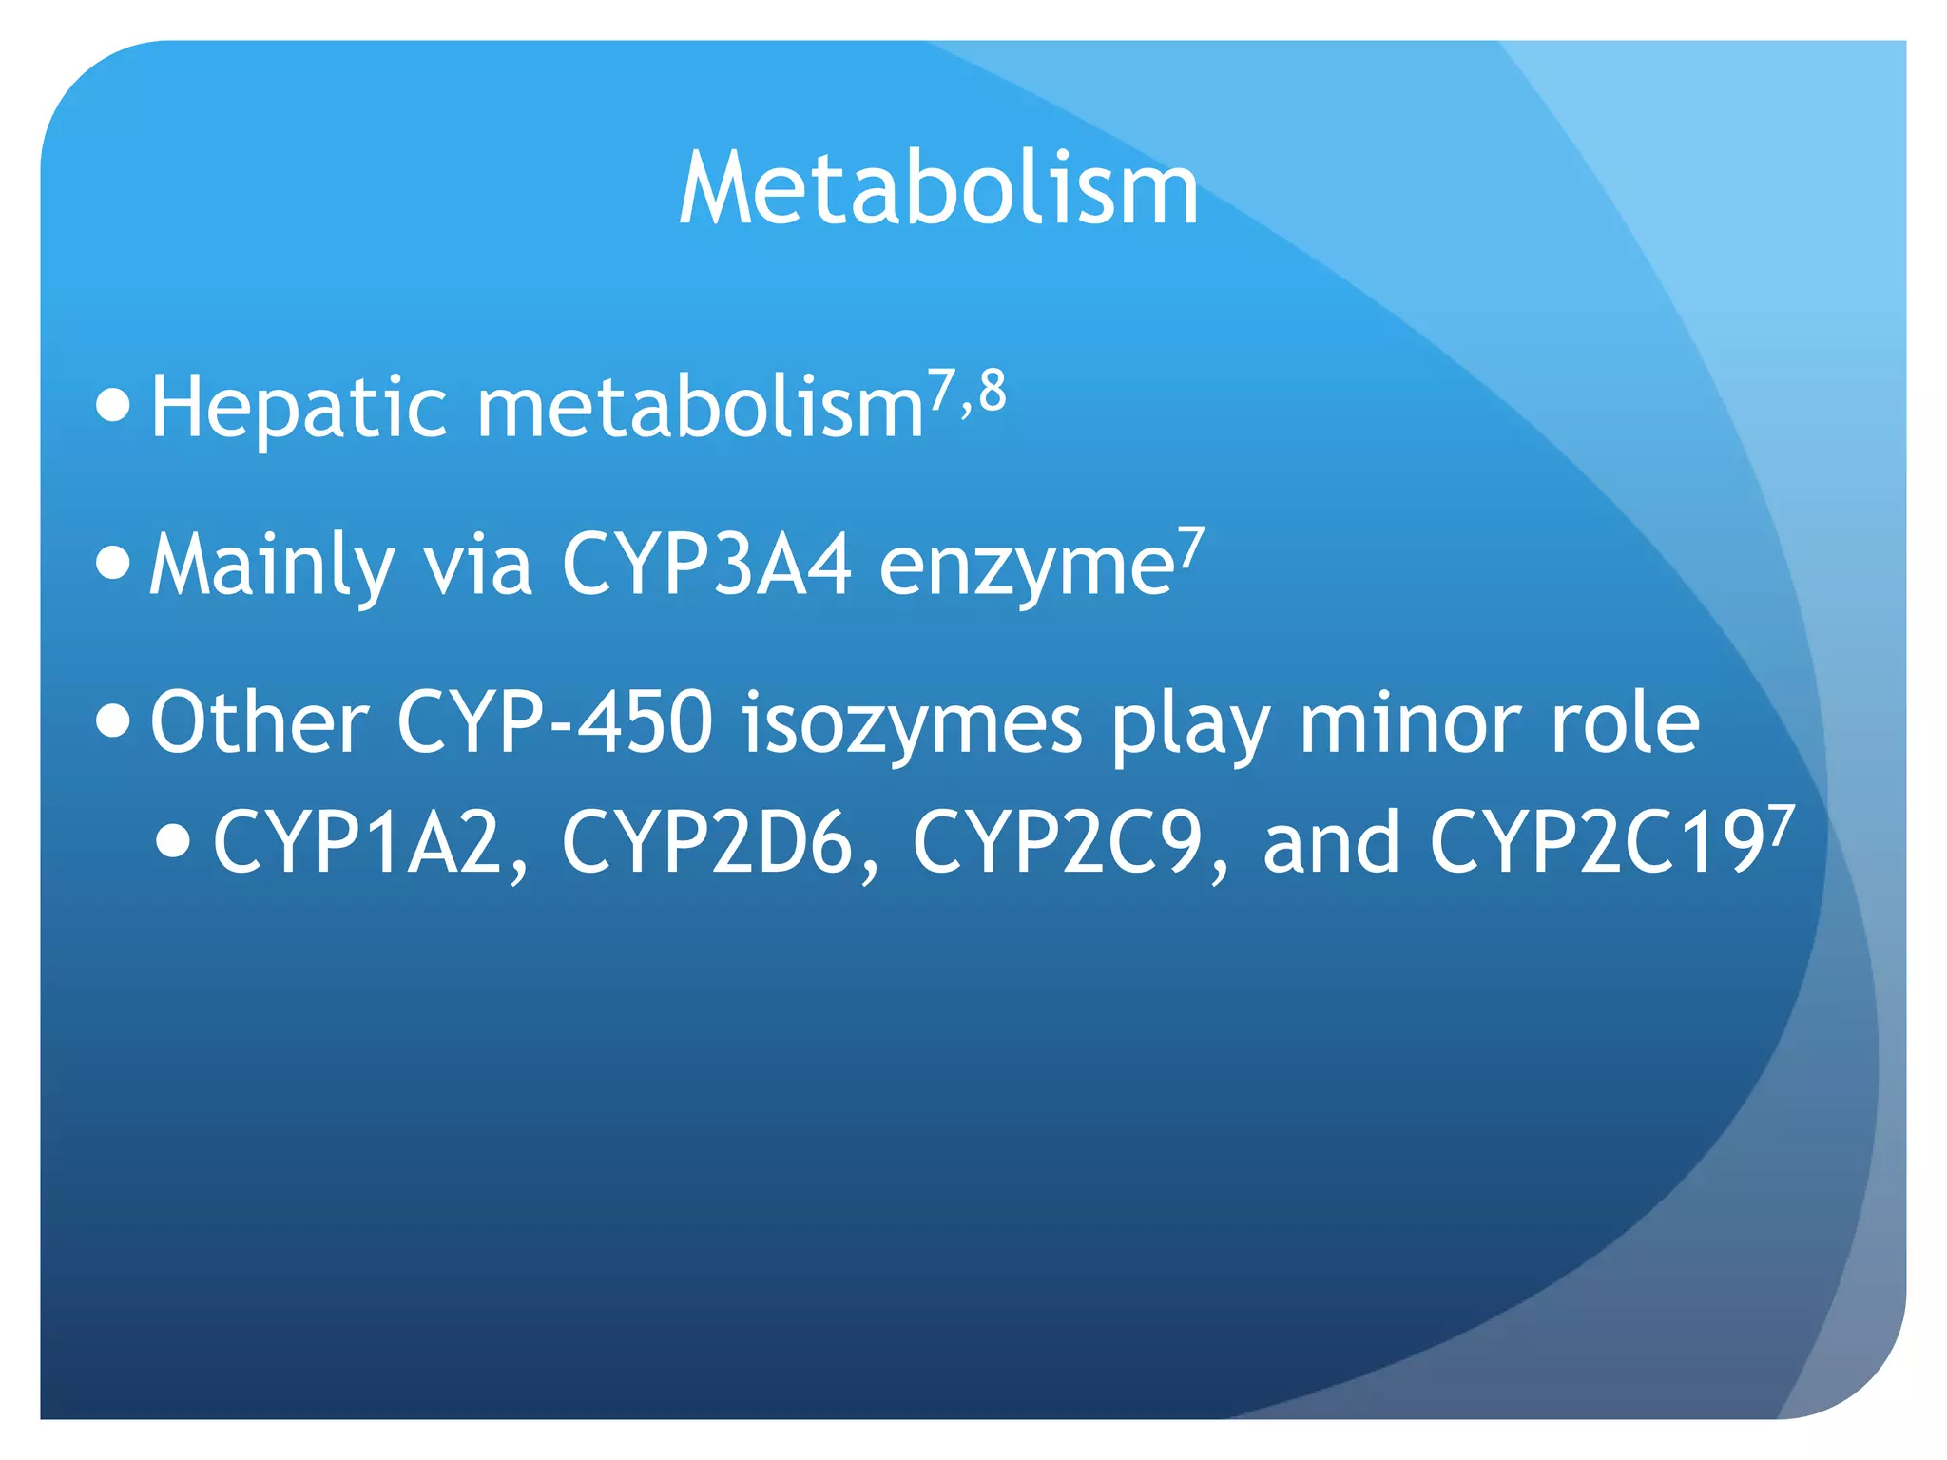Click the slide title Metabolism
[938, 190]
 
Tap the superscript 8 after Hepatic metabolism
[993, 391]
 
